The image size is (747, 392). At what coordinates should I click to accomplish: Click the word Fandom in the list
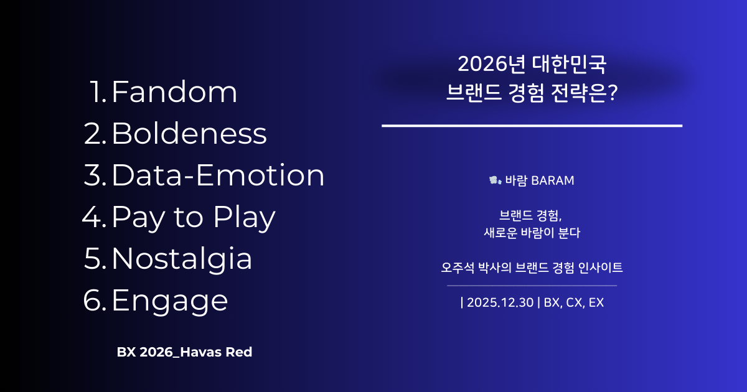(174, 92)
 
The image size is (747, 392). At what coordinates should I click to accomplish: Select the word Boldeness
(189, 134)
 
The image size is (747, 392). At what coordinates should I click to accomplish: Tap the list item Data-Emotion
(218, 175)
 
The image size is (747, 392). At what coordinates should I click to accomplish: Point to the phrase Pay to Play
(194, 217)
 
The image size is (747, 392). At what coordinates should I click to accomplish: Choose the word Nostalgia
(182, 259)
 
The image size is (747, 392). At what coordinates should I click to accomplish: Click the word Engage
(170, 301)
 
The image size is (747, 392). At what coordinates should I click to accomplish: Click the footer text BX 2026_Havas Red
(184, 352)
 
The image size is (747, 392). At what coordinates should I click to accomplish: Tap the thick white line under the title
(532, 126)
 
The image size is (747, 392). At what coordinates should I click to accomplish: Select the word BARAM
(553, 180)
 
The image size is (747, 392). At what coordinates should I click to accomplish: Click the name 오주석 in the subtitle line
(456, 268)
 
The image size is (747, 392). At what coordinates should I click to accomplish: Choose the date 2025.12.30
(500, 303)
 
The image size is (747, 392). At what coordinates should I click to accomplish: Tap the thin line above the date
(532, 286)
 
